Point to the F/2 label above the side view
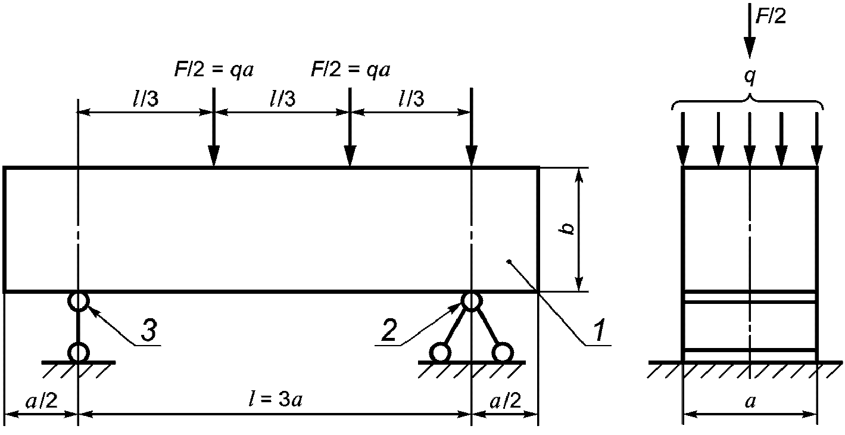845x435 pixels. (770, 16)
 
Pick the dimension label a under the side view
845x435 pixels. (750, 401)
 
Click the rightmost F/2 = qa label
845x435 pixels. (351, 70)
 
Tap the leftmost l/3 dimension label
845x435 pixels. (145, 99)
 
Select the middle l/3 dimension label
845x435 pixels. (282, 99)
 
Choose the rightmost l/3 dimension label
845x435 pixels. (411, 99)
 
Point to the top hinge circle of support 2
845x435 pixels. (471, 302)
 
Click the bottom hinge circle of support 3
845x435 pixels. (78, 352)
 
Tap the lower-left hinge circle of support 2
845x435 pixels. (441, 353)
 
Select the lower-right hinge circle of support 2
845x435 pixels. (502, 353)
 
